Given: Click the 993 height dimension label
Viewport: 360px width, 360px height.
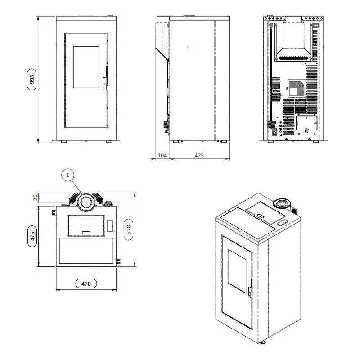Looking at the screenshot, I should [x=31, y=80].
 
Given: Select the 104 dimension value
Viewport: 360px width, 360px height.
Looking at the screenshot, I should [x=162, y=155].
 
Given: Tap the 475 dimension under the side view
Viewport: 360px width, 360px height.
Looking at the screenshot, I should [x=199, y=155].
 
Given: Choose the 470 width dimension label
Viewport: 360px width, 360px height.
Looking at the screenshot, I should [x=86, y=283].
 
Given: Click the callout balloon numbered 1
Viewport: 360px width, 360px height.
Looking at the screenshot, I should [x=67, y=175].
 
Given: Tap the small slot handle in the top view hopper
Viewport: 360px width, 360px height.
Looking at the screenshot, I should [x=86, y=232].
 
